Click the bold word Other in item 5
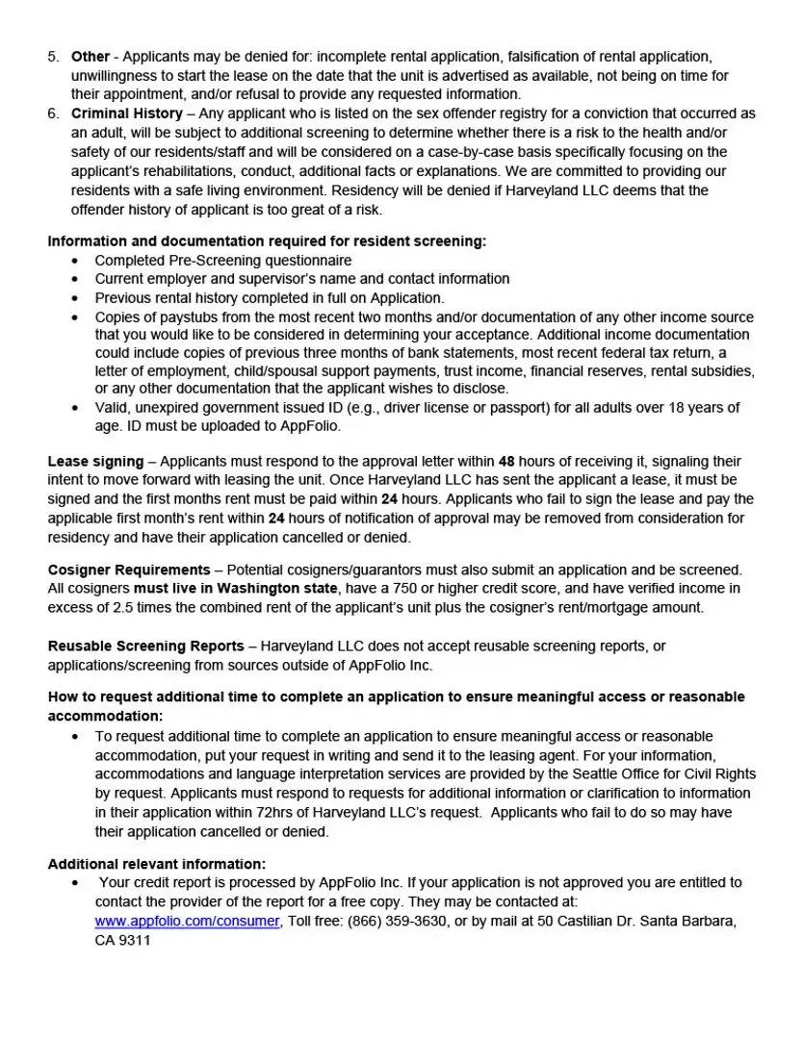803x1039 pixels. coord(91,57)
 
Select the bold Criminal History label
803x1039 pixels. coord(126,114)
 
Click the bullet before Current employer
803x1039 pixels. coord(76,279)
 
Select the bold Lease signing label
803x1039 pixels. coord(95,462)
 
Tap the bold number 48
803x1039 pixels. coord(506,462)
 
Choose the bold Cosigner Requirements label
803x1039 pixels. coord(129,570)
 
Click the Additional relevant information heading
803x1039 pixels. coord(157,864)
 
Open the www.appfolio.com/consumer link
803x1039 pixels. coord(187,922)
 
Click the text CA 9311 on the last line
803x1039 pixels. coord(122,940)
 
